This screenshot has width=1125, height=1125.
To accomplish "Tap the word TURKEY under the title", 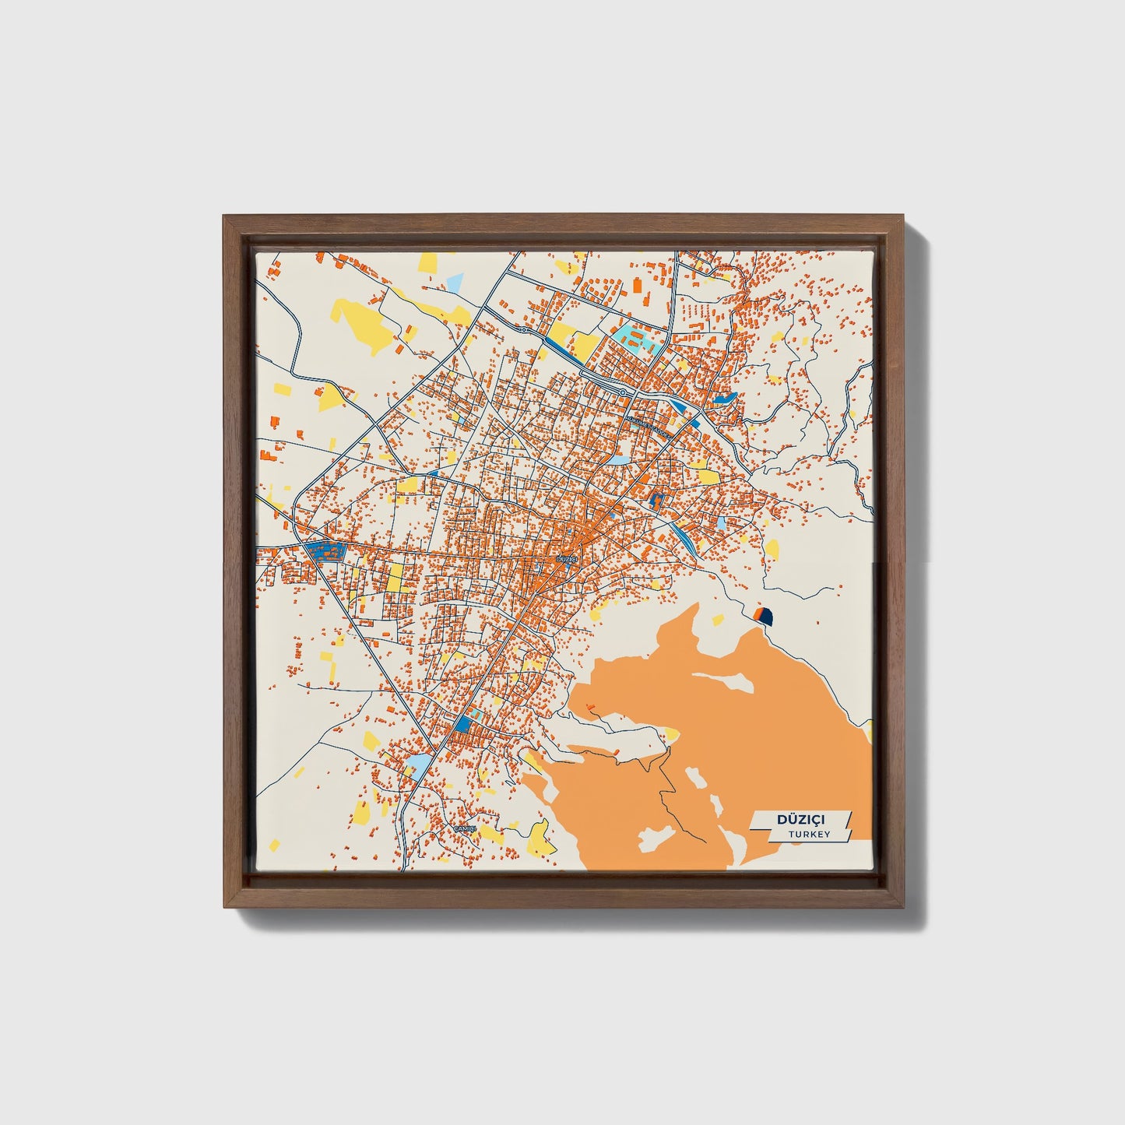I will tap(809, 834).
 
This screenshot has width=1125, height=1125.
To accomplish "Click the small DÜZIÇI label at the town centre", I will tap(566, 559).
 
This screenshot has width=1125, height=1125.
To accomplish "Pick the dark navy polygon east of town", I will tap(765, 617).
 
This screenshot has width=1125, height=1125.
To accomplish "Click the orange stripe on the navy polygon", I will tap(758, 616).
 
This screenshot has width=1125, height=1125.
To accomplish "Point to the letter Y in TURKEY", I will tap(827, 834).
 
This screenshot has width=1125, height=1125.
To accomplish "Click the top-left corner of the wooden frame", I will tap(223, 217).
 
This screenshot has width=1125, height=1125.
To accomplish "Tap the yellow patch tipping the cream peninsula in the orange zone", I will tap(670, 733).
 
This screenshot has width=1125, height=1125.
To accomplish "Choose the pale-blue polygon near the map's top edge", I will tap(455, 283).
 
